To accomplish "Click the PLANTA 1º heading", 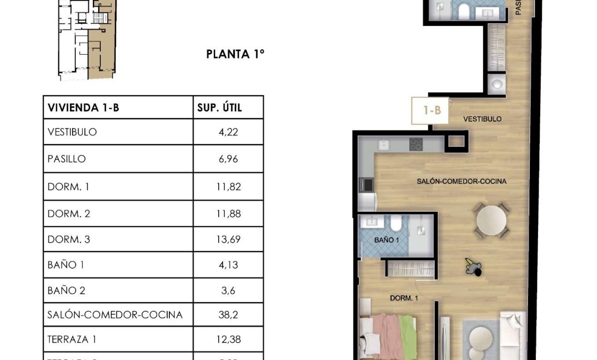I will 235,54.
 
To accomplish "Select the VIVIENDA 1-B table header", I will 83,108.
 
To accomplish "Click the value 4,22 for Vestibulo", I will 228,132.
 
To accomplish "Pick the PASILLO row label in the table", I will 66,159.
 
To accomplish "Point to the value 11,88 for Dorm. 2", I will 228,214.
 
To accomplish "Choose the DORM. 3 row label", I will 69,239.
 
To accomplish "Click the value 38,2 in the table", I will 228,315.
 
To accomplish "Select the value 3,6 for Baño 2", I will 228,290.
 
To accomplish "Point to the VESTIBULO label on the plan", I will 482,119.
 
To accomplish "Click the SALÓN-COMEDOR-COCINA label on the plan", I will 461,182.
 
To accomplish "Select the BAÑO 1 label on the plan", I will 387,240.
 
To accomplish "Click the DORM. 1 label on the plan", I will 404,298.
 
